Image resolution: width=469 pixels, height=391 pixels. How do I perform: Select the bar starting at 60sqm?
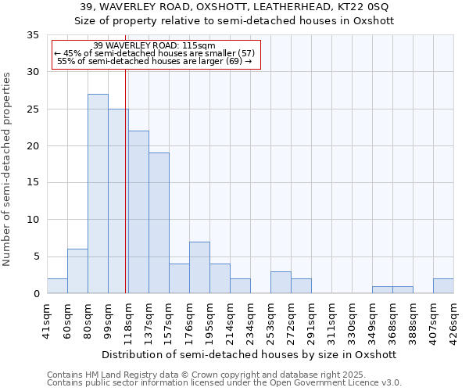(x=77, y=271)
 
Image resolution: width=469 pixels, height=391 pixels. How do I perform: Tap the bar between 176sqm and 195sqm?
(x=199, y=267)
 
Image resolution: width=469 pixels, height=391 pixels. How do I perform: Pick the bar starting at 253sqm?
(x=281, y=282)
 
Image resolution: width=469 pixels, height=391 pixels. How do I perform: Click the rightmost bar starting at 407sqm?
(x=443, y=286)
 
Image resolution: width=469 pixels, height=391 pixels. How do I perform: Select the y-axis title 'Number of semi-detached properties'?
(x=8, y=168)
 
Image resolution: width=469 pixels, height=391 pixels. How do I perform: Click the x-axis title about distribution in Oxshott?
(x=250, y=354)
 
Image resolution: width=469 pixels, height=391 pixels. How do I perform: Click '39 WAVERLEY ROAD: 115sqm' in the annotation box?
(x=153, y=45)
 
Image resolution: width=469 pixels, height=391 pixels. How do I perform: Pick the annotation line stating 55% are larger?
(x=155, y=61)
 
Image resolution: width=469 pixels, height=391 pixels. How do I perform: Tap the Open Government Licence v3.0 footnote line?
(x=224, y=383)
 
